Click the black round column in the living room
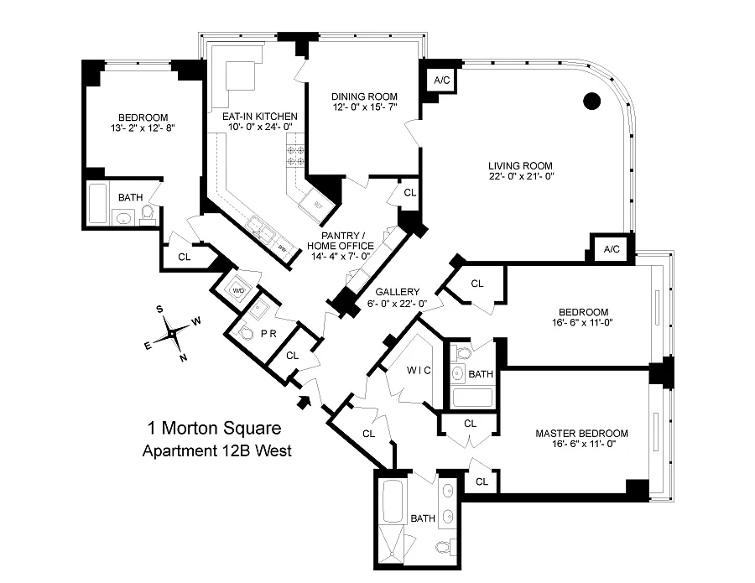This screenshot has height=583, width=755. click(592, 102)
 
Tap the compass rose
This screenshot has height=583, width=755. click(172, 333)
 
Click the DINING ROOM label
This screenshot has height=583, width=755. click(363, 96)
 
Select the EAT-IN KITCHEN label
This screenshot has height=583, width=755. click(260, 116)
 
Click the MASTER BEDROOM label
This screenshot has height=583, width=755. click(581, 434)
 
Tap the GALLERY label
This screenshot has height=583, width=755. click(398, 292)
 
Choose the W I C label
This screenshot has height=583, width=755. click(407, 369)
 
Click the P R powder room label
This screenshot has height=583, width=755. click(268, 334)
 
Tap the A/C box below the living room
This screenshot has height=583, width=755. click(612, 249)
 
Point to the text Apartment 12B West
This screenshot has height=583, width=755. click(216, 451)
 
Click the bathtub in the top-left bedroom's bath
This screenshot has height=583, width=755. click(98, 203)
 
